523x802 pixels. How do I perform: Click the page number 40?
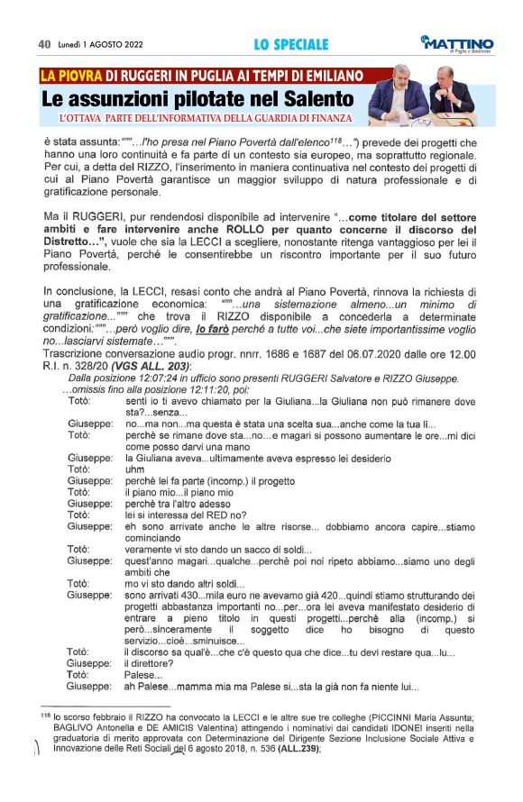[x=43, y=43]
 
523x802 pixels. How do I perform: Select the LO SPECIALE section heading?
[x=290, y=43]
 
